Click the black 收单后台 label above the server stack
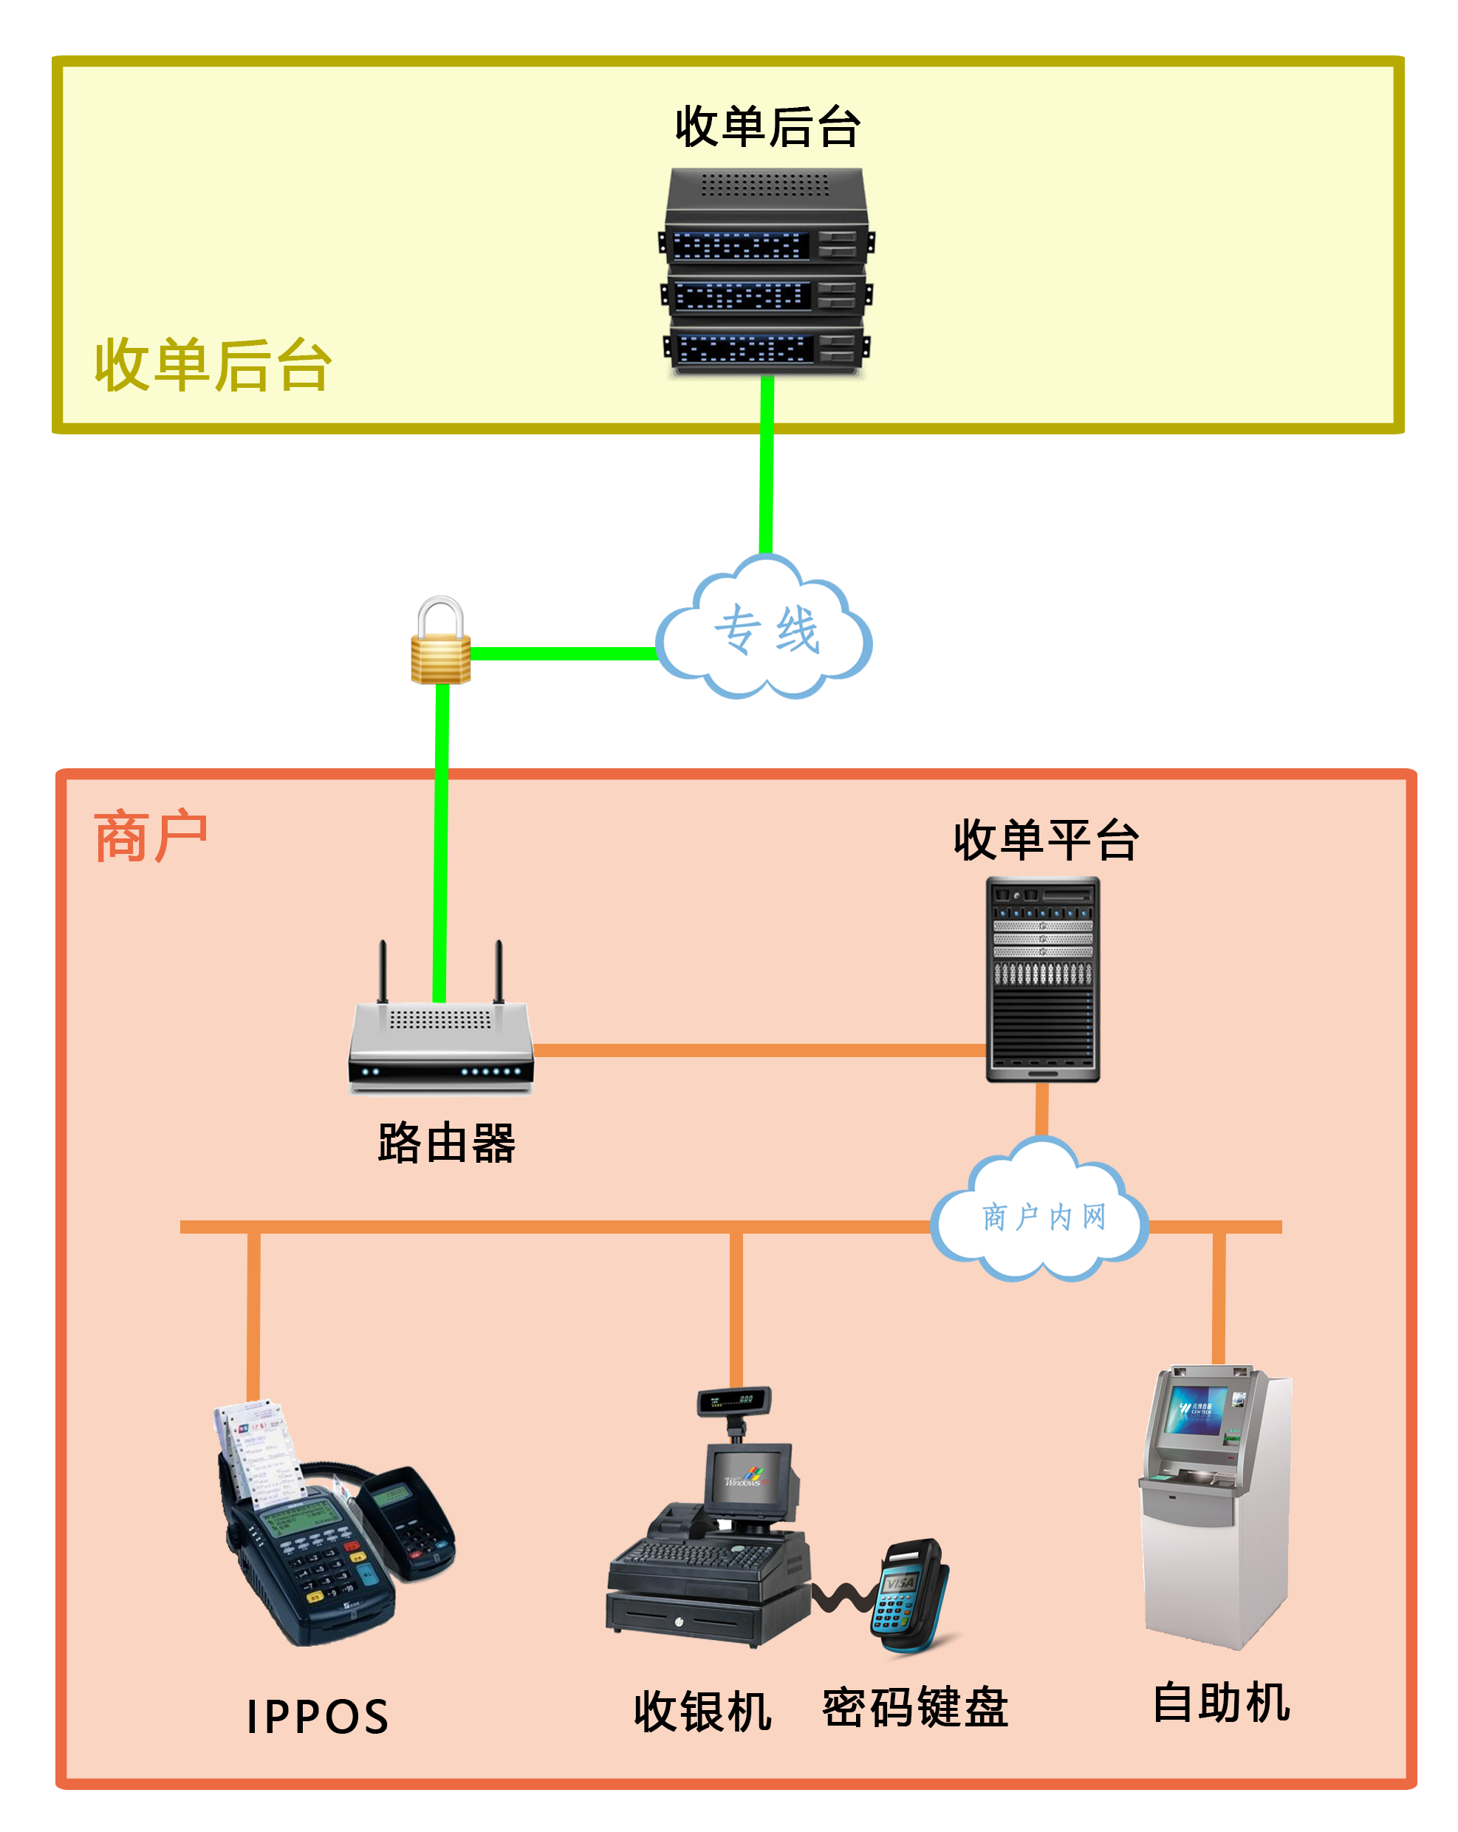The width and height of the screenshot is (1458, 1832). click(767, 128)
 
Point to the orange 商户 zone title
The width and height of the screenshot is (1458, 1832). click(151, 837)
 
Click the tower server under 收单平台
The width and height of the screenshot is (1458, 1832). click(1042, 979)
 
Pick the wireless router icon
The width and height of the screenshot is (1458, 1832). click(440, 1041)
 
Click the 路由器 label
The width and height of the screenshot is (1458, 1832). click(446, 1143)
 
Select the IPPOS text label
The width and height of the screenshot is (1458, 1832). click(318, 1717)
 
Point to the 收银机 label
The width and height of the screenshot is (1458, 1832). click(702, 1711)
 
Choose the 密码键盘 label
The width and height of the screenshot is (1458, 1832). click(915, 1708)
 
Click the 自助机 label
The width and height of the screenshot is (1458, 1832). click(1221, 1703)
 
